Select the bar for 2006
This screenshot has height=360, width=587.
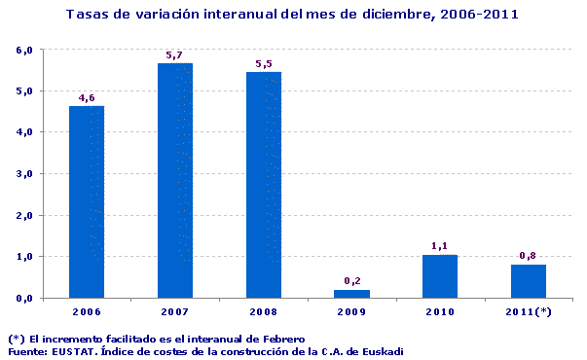87,201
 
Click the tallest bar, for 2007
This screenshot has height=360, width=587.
175,180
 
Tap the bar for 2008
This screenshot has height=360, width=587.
264,184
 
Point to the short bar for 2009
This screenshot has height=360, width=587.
351,293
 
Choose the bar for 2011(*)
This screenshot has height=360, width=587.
529,281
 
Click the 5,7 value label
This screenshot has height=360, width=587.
175,55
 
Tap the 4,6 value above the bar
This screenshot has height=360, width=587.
87,97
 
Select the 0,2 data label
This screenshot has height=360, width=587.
351,281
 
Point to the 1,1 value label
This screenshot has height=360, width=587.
440,246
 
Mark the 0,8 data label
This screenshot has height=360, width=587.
529,256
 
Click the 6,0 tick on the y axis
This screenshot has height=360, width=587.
25,50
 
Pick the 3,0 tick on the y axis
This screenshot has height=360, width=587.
25,174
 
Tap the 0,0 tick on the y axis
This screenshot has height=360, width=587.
25,298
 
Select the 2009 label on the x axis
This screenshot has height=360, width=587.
351,311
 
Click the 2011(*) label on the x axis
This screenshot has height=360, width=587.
529,311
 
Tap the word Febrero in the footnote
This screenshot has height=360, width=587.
283,338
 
